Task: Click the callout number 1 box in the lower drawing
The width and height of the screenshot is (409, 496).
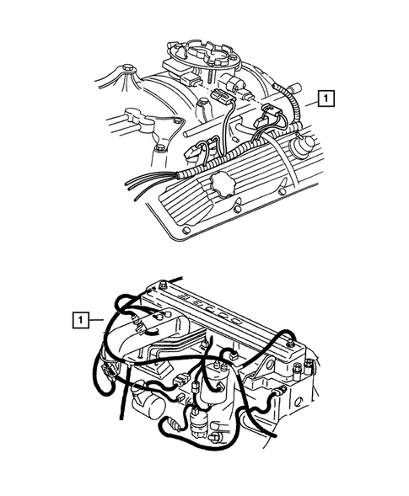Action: (x=79, y=319)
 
